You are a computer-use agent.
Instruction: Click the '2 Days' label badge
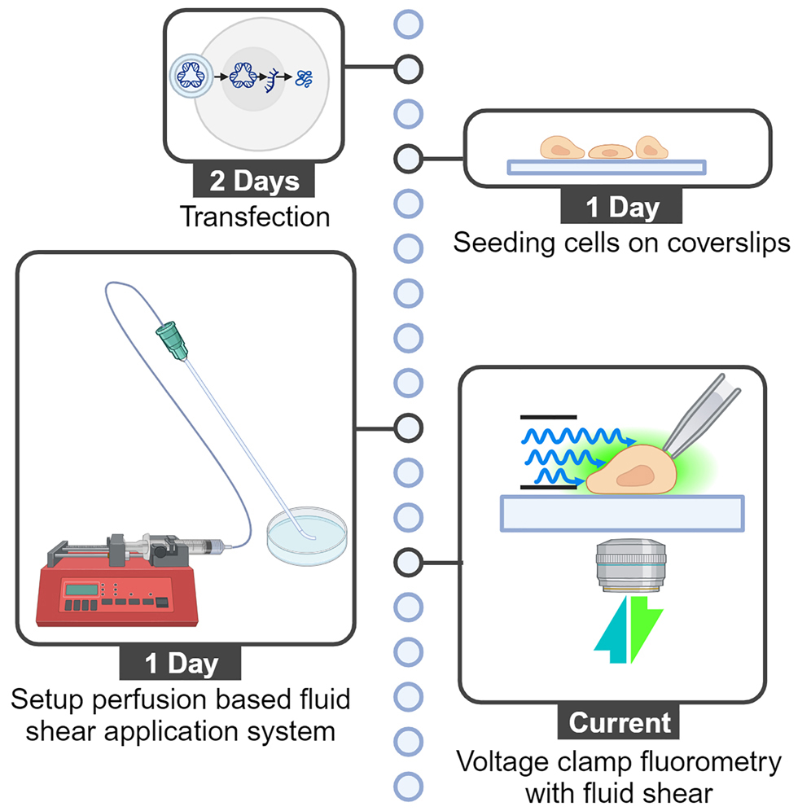click(254, 181)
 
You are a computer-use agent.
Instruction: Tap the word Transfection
click(254, 217)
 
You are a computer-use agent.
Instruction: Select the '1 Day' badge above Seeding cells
click(622, 207)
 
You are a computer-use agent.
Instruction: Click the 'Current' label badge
click(620, 721)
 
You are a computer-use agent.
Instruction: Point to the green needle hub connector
click(172, 339)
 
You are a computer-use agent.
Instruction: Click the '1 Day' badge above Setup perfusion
click(182, 664)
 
